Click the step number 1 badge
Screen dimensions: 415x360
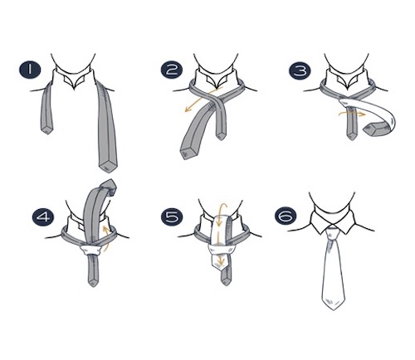[30, 70]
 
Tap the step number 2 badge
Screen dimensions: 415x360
[172, 70]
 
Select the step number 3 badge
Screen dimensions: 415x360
[300, 71]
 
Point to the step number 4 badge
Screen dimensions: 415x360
[43, 216]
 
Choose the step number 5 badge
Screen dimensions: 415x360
[172, 216]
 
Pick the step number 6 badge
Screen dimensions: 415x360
[286, 216]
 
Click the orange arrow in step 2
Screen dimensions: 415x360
[203, 100]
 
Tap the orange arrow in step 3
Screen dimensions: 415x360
[352, 113]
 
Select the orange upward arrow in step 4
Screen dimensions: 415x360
[105, 238]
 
